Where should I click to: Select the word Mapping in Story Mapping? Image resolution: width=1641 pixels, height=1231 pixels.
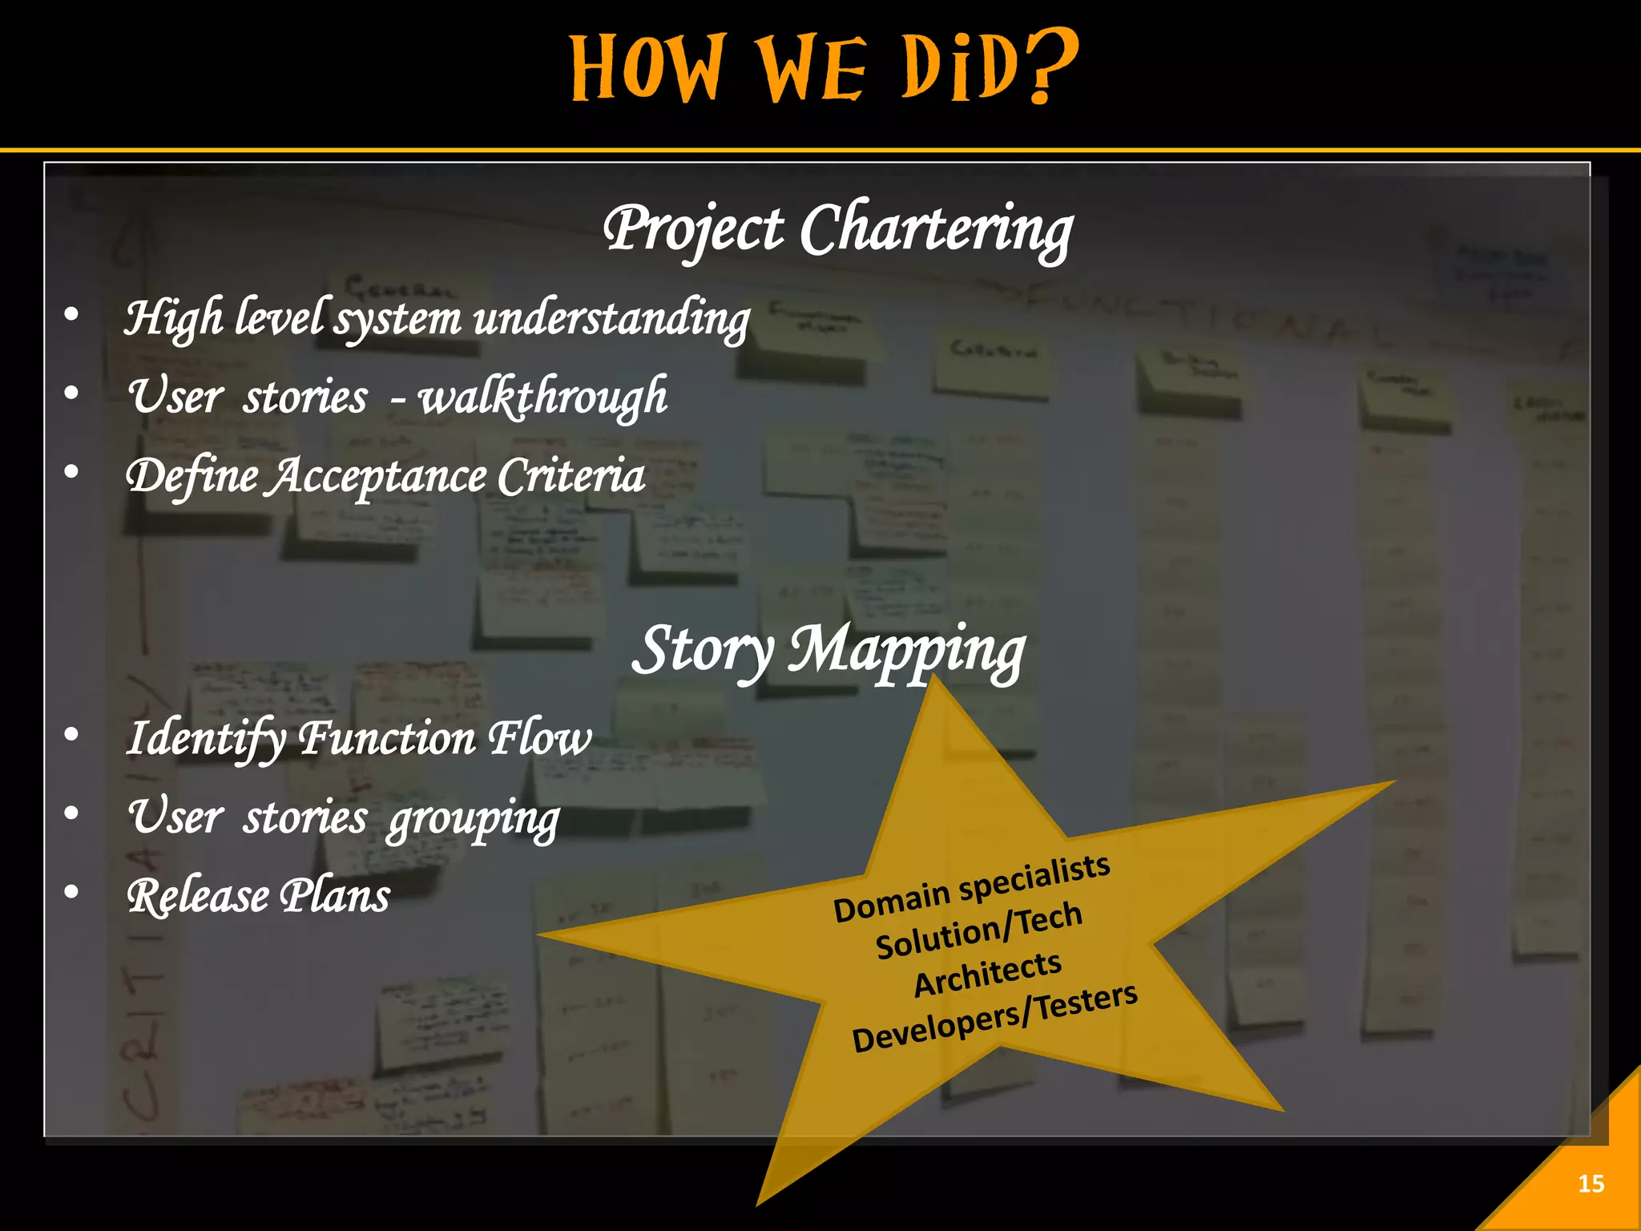[x=906, y=651]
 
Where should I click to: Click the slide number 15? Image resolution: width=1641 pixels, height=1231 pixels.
[x=1591, y=1184]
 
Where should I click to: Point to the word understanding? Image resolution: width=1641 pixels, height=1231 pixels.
[x=611, y=319]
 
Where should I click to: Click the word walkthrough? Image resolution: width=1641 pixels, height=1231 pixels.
[x=542, y=396]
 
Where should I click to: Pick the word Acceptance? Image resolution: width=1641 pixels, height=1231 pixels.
[x=377, y=477]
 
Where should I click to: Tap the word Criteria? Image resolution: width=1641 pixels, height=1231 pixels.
[x=571, y=476]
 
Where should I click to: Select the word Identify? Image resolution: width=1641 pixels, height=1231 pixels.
[x=205, y=738]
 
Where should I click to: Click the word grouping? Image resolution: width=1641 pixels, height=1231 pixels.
[x=473, y=818]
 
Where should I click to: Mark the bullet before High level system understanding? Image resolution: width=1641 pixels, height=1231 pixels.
[x=72, y=315]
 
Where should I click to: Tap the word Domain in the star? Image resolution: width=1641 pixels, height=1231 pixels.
[x=891, y=901]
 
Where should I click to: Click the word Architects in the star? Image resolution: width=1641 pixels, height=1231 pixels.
[x=987, y=973]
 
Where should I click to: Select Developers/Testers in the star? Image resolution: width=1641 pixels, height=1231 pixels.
[x=994, y=1018]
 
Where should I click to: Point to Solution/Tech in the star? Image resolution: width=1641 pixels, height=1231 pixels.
[x=978, y=930]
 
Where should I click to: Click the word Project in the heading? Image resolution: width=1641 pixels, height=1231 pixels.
[x=693, y=229]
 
